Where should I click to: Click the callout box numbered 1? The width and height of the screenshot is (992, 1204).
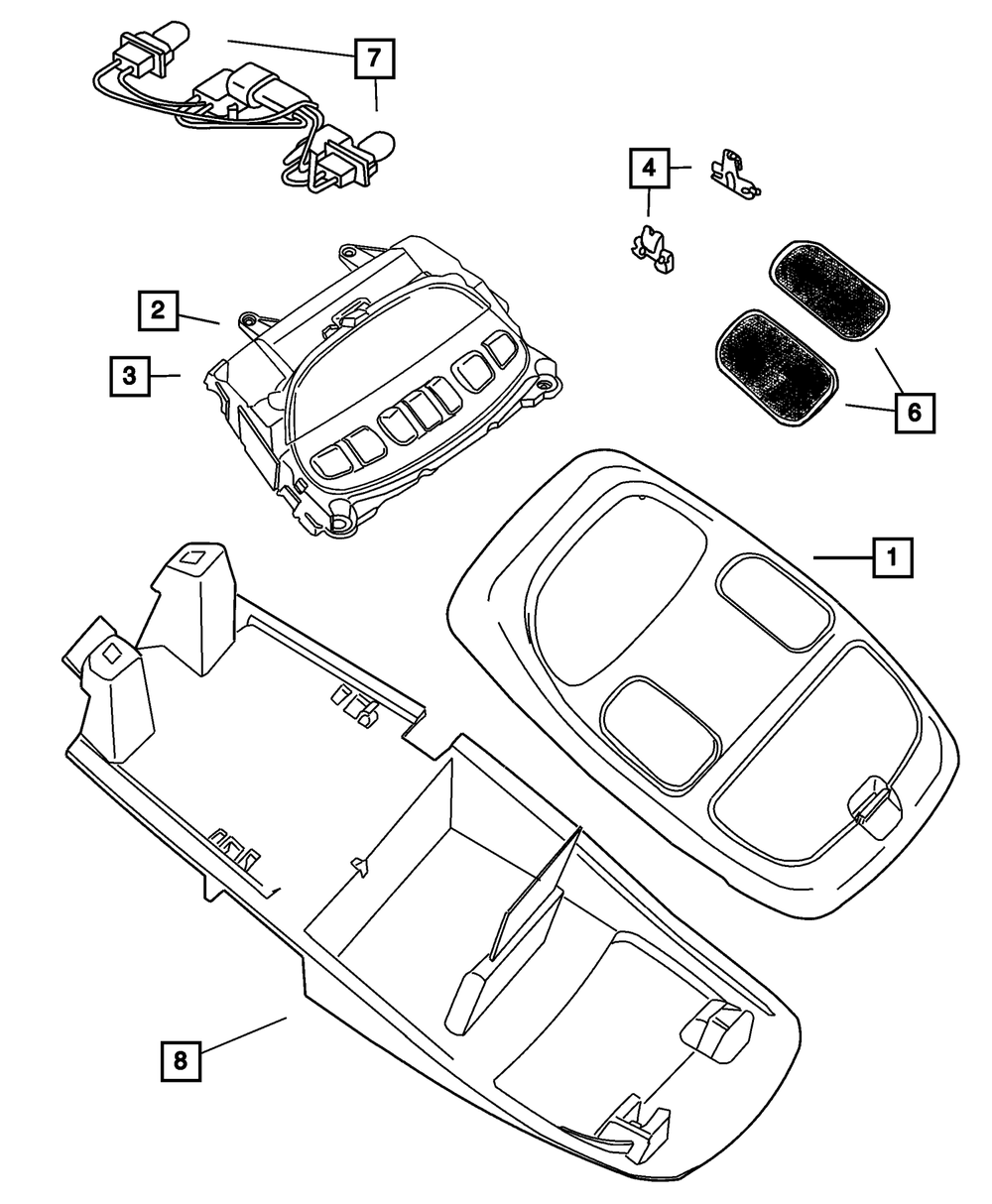click(x=892, y=557)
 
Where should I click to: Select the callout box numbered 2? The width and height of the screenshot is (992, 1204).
click(x=158, y=308)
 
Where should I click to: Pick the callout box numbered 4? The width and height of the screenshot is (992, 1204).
click(x=648, y=168)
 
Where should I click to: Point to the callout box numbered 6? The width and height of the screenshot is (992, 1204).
click(x=914, y=412)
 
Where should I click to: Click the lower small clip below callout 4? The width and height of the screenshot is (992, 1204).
click(x=653, y=248)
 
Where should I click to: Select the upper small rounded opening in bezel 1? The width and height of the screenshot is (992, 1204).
click(x=775, y=601)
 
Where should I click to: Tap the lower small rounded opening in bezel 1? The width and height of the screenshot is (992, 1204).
click(x=660, y=732)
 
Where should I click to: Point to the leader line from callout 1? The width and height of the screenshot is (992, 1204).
click(x=843, y=558)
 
